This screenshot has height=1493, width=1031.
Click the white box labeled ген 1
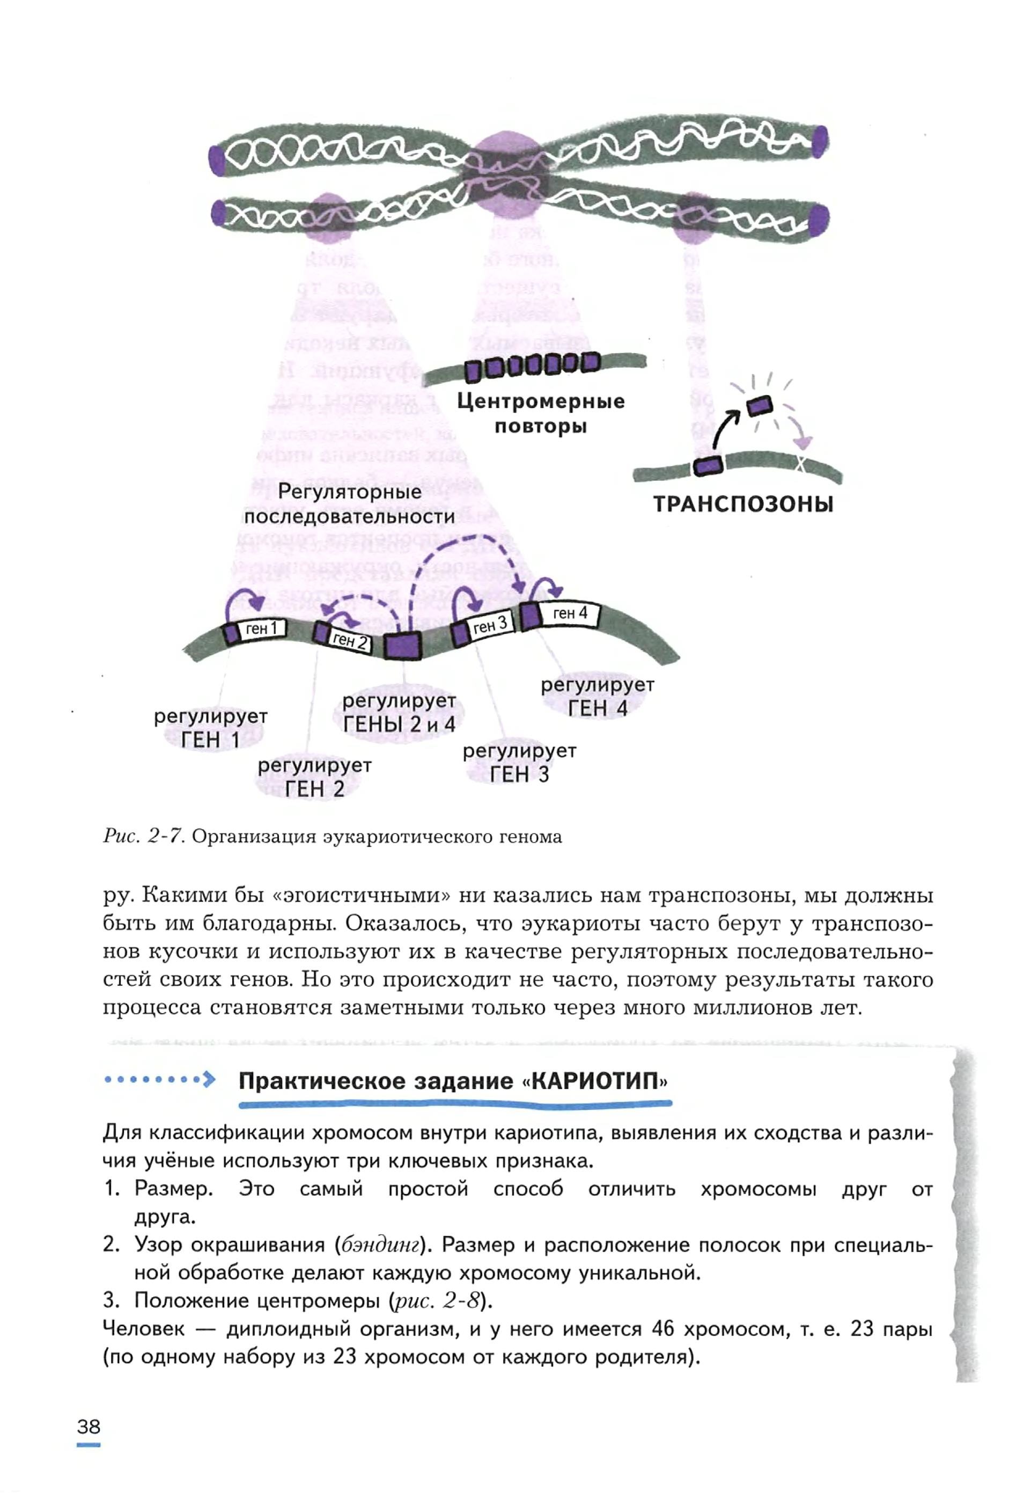coord(262,629)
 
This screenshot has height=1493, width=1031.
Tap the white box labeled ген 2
coord(350,640)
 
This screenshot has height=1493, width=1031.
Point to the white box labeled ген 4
coord(569,613)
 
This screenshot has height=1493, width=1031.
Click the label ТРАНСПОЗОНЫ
coord(743,504)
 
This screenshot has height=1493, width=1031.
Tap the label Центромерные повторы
coord(541,414)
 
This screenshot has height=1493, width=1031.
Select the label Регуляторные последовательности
coord(350,504)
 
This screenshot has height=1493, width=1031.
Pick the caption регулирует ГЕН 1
coord(211,728)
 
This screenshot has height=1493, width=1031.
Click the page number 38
coord(89,1426)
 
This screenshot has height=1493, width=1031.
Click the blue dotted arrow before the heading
coord(159,1079)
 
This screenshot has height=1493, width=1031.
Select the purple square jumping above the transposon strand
coord(759,405)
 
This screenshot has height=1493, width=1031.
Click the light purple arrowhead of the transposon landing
coord(803,443)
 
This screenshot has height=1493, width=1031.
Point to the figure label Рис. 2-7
coord(144,837)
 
